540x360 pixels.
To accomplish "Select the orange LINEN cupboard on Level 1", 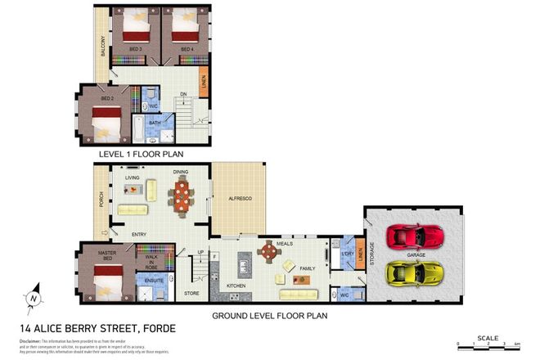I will pyautogui.click(x=204, y=83).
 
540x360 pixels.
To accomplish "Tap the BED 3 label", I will pyautogui.click(x=135, y=49).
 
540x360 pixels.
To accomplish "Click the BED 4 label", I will pyautogui.click(x=187, y=49).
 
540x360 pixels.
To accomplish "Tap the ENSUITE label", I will pyautogui.click(x=154, y=281).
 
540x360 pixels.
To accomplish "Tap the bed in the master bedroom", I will pyautogui.click(x=110, y=286).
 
